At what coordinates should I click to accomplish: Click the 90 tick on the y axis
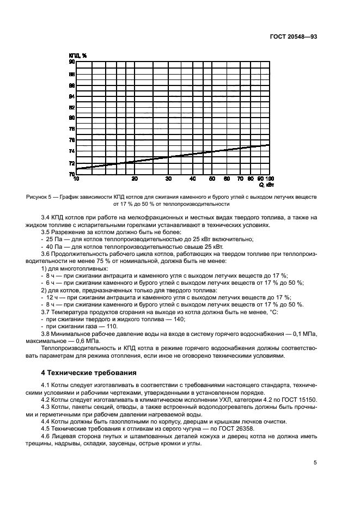tap(71, 62)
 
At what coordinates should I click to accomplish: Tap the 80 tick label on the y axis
tap(71, 118)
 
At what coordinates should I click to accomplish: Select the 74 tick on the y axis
tap(71, 151)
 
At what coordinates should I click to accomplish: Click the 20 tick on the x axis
tap(135, 179)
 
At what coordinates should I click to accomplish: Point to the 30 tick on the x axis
tap(168, 179)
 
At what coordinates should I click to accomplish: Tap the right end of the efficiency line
tap(270, 145)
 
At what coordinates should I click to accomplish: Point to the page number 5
tap(315, 463)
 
